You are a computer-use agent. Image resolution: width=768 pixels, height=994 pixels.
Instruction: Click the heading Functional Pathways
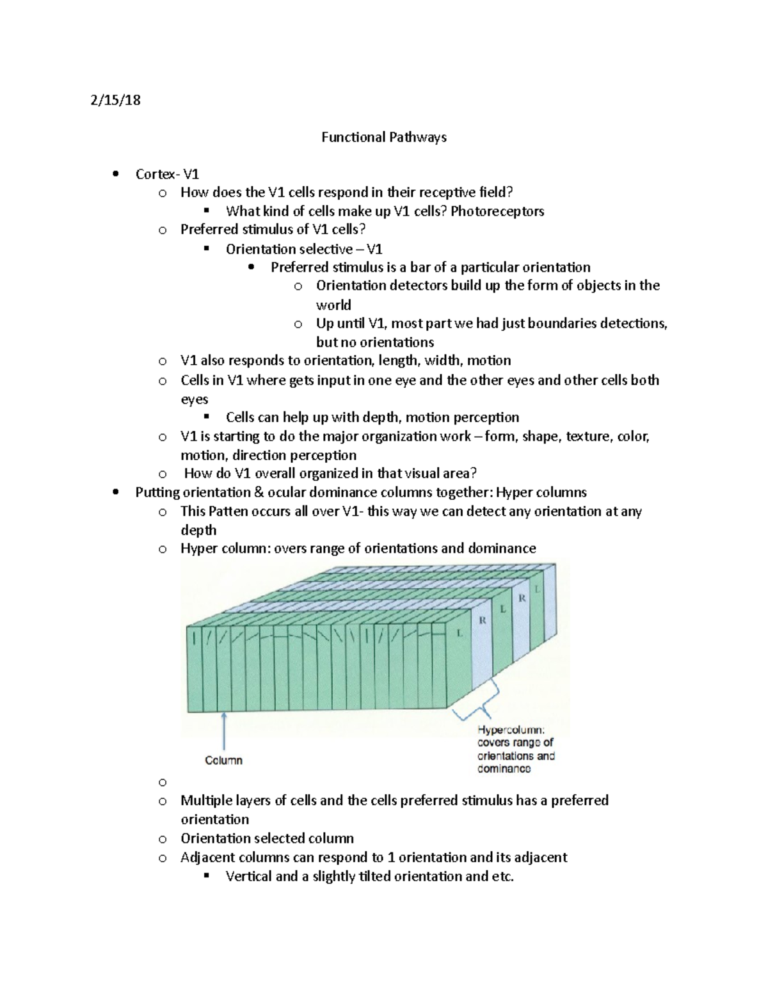(x=383, y=137)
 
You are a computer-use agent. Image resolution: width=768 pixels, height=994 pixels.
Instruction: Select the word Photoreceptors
(x=497, y=211)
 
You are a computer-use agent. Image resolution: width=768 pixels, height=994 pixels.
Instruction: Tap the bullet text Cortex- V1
(x=167, y=174)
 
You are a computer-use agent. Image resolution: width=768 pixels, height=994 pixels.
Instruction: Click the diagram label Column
(x=223, y=760)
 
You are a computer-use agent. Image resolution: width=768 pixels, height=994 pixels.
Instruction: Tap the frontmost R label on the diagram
(x=483, y=620)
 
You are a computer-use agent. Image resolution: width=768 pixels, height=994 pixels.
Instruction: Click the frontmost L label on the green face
(x=459, y=633)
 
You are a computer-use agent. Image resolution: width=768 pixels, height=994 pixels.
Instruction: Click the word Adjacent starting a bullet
(x=207, y=858)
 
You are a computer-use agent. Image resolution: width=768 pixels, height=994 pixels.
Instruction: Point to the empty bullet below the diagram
(x=163, y=782)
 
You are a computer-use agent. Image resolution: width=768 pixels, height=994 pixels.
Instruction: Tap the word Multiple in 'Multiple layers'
(x=205, y=801)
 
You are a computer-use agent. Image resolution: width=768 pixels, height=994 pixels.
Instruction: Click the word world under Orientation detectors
(x=333, y=305)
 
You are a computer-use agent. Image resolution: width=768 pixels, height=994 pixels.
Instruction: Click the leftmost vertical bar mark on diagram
(x=193, y=637)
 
